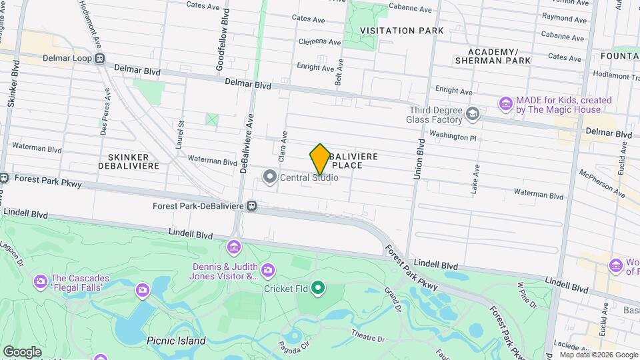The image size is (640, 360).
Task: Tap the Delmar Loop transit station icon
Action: pos(99,58)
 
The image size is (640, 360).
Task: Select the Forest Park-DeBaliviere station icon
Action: pos(252,206)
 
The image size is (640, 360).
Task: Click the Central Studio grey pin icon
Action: pos(269,177)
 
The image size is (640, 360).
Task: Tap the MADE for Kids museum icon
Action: pos(505,104)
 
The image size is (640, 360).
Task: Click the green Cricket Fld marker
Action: pos(319,288)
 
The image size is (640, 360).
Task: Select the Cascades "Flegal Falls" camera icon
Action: pos(142,289)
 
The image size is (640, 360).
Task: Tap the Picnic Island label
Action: pos(176,341)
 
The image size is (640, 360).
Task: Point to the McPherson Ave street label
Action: pos(603,182)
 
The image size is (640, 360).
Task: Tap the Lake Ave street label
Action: pos(475,179)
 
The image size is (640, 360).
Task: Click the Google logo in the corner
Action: pos(22,351)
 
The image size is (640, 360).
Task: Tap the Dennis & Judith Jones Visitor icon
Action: pos(234,248)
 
